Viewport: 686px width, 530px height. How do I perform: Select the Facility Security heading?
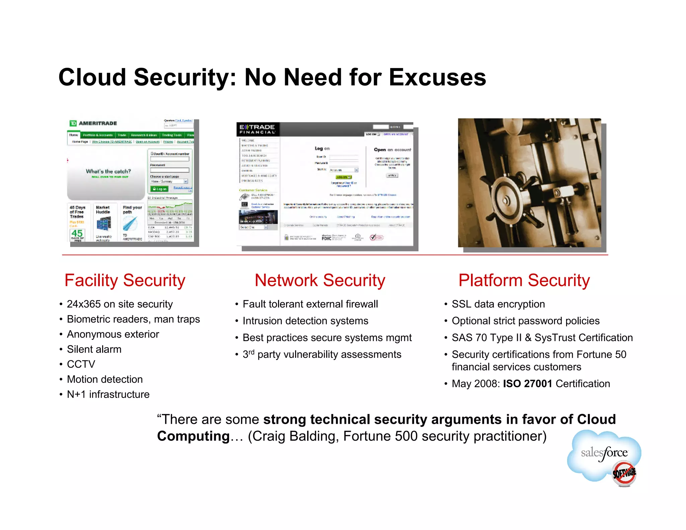[125, 280]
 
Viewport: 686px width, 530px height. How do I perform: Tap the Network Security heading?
[320, 280]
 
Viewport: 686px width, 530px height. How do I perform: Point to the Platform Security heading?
[524, 280]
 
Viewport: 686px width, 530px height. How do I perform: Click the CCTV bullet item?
[81, 364]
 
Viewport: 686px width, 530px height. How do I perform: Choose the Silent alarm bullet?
[94, 349]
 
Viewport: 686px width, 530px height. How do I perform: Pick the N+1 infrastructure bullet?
[108, 394]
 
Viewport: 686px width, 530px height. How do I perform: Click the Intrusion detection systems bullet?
[305, 321]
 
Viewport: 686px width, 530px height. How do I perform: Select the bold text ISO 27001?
[528, 384]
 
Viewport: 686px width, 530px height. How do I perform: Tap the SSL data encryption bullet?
[498, 304]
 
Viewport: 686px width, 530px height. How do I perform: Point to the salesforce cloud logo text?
[604, 453]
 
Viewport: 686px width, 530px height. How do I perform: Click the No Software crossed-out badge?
[624, 473]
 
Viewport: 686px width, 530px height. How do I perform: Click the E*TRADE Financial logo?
[257, 129]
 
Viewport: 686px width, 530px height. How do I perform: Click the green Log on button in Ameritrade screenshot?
[159, 189]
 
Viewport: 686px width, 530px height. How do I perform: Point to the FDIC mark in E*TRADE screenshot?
[326, 238]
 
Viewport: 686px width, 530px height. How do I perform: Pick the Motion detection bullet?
[105, 379]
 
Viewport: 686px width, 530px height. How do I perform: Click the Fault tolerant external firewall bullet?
[310, 304]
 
